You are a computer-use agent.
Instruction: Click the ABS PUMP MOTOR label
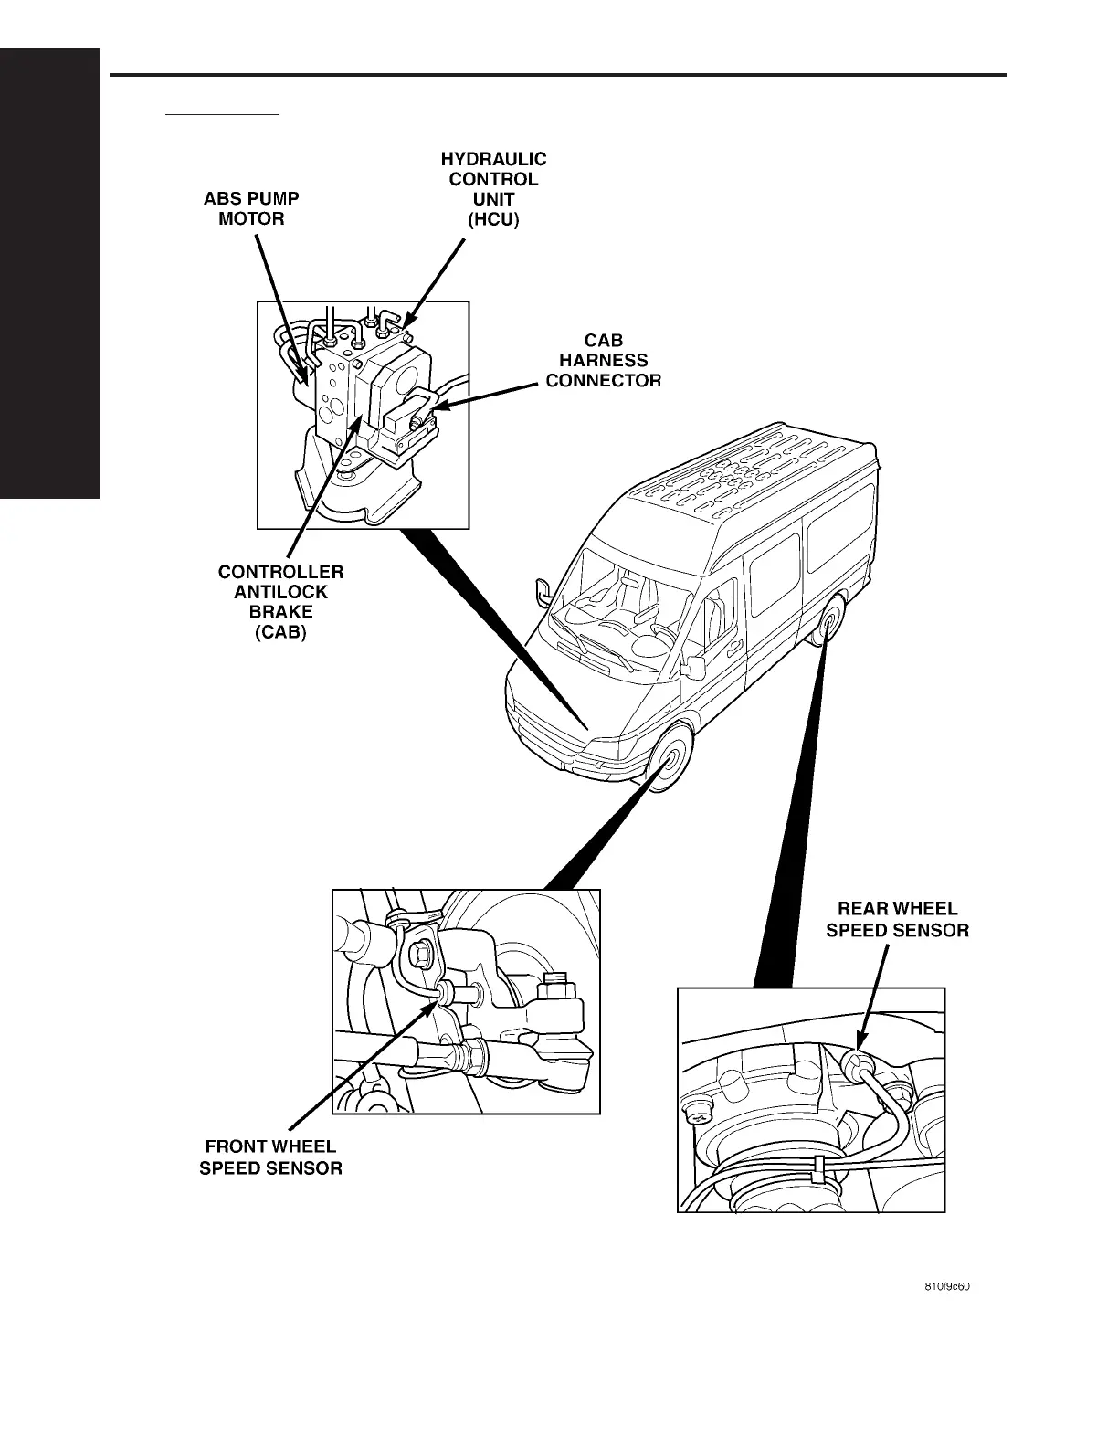point(251,208)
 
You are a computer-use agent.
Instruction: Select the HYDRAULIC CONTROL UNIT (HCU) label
point(493,190)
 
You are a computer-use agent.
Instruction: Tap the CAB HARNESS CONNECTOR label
point(603,361)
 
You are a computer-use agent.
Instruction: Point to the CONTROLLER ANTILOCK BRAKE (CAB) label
point(280,602)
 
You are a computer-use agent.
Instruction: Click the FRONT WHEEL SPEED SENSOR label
point(270,1157)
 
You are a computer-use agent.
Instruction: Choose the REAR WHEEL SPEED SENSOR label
point(897,920)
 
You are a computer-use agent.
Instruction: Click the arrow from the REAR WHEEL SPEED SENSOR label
point(872,996)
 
